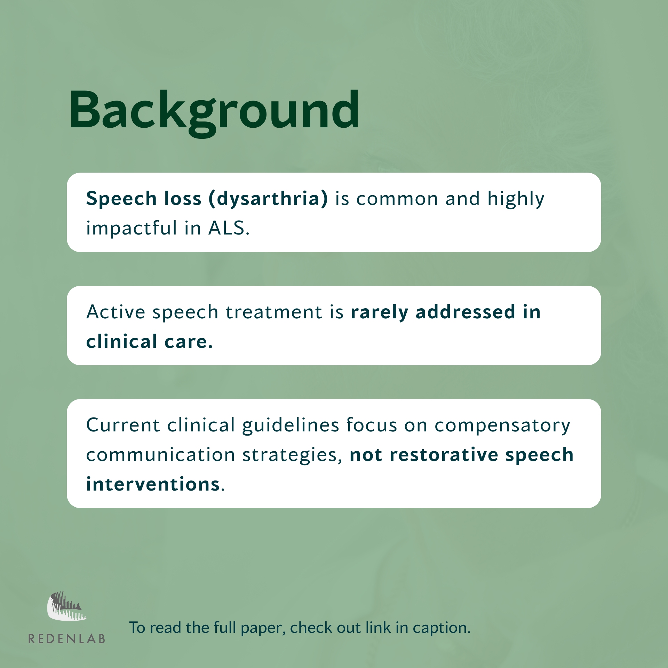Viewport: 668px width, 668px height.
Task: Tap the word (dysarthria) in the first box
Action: [268, 199]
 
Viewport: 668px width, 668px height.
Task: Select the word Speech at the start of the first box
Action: [121, 199]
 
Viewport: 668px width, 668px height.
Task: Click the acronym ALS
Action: [229, 228]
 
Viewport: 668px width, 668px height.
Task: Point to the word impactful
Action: [132, 229]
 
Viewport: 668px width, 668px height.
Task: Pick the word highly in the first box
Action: [516, 199]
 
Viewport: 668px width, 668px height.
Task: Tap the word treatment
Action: [274, 312]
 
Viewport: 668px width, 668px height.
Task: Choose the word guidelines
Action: [291, 426]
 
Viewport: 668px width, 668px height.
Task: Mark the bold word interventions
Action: [153, 484]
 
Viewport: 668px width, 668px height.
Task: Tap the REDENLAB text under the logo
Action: [67, 639]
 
